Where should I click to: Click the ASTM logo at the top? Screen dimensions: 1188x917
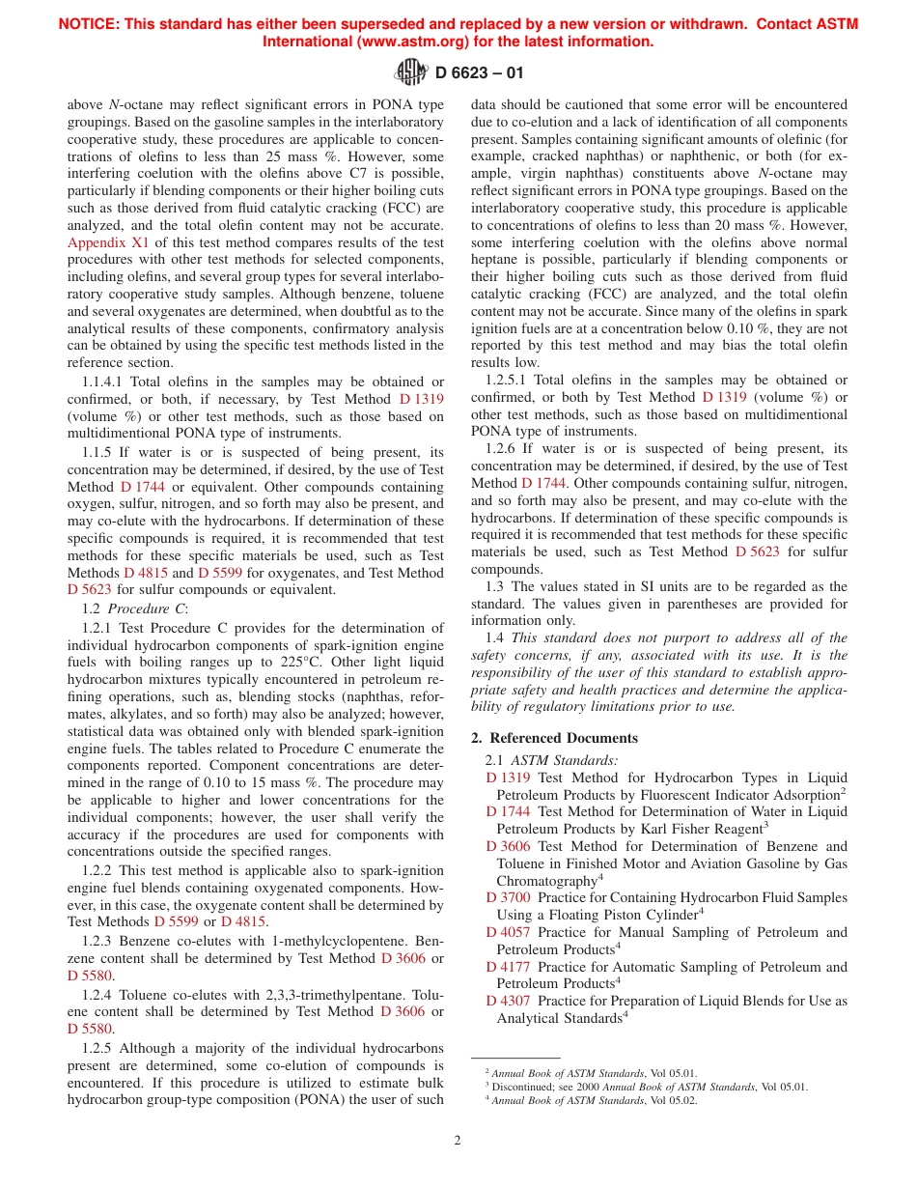click(x=411, y=71)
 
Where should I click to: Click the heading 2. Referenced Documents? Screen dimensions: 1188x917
click(x=554, y=738)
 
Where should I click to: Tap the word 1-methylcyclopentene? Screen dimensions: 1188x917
click(x=300, y=941)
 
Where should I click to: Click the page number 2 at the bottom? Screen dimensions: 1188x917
click(x=458, y=1140)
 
